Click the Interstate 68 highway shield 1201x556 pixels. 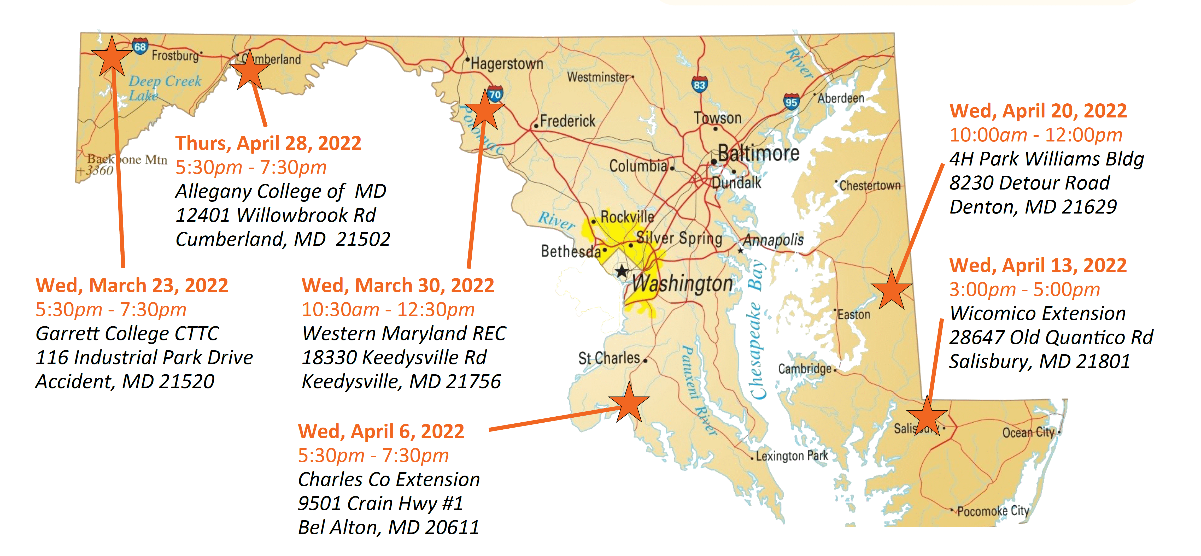[140, 46]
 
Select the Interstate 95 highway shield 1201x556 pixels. [791, 102]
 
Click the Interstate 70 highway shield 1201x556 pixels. [495, 94]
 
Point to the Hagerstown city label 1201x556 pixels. [507, 64]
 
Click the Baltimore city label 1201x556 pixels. [759, 153]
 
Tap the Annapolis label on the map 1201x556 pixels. [773, 240]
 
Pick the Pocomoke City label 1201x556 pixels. [993, 511]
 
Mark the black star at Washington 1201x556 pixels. [622, 271]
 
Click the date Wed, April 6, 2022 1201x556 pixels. [381, 431]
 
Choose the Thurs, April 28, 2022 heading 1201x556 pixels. [268, 143]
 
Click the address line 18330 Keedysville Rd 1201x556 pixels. [394, 357]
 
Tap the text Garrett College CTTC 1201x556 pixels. [127, 333]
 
